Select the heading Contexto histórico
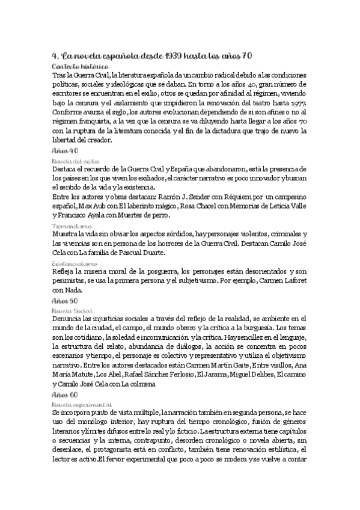(80, 66)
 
